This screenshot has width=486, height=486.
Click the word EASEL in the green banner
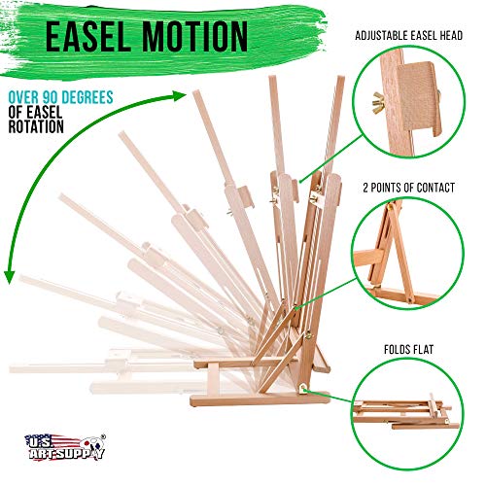coord(89,36)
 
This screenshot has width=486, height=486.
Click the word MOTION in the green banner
coord(194,36)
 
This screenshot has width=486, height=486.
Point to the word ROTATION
coord(36,126)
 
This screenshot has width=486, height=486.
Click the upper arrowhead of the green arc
coord(179,95)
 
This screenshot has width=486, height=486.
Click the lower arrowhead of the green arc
coord(9,278)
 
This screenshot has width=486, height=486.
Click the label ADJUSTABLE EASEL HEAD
coord(408,36)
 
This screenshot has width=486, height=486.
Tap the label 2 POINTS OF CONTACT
coord(408,188)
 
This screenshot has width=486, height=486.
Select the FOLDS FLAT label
coord(408,349)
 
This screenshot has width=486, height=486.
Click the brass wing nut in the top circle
coord(378,102)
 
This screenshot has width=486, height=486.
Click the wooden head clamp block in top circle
coord(419,97)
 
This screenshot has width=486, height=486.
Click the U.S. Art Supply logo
coord(65,447)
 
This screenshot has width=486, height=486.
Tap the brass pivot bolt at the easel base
coord(304,388)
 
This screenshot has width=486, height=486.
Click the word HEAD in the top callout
coord(451,36)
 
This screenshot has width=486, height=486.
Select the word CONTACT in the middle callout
coord(435,188)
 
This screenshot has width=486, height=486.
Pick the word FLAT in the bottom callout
coord(422,349)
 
